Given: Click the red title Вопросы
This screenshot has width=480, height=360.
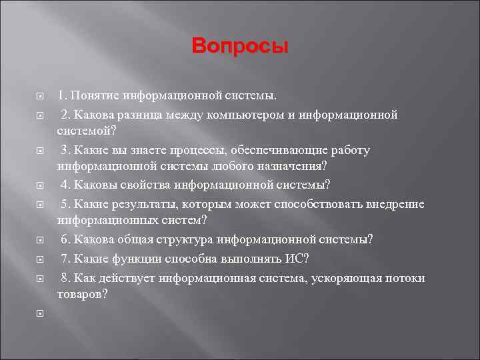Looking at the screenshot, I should [x=240, y=47].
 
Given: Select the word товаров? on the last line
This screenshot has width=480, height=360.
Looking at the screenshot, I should [x=82, y=293].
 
